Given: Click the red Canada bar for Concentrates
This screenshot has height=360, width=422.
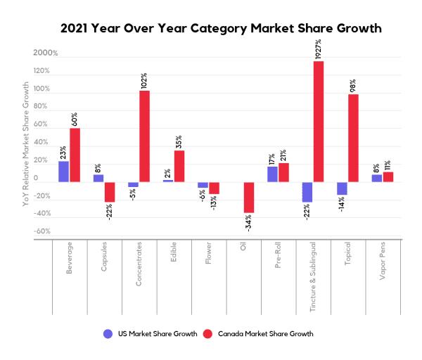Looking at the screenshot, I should click(x=144, y=136).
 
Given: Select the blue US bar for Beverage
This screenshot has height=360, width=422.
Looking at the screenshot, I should click(x=64, y=172).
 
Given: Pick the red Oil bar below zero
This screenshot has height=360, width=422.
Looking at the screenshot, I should click(x=249, y=198).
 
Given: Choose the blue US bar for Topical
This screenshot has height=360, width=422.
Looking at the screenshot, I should click(x=342, y=188).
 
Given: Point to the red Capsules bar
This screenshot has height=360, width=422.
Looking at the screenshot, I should click(x=110, y=192).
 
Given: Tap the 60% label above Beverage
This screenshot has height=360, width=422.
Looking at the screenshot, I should click(x=75, y=118).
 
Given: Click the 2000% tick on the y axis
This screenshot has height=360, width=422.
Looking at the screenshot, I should click(x=44, y=53).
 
